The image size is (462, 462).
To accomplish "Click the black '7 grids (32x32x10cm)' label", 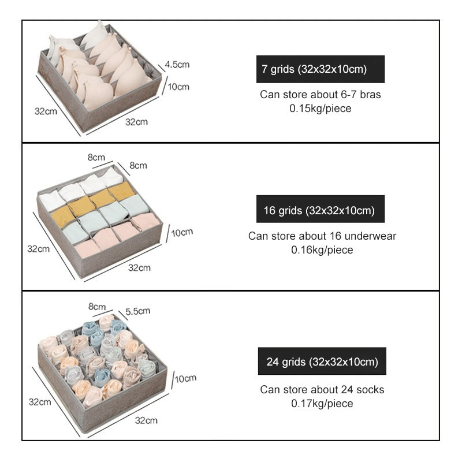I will click(321, 69).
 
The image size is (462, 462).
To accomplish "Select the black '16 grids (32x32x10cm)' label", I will click(321, 211).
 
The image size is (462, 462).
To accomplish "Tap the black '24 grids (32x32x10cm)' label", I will click(322, 363).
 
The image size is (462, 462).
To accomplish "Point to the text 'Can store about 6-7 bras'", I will click(321, 95).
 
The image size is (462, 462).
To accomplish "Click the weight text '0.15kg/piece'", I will click(321, 108).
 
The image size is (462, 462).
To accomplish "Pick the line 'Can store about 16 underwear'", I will click(322, 236).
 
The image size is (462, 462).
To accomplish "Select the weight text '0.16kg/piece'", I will click(322, 250).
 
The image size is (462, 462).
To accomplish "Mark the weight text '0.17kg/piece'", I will click(322, 404).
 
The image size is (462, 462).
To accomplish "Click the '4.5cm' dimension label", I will click(177, 64).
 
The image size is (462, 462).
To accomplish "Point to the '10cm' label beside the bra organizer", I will click(178, 87).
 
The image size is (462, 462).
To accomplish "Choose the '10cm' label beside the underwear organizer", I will click(182, 232).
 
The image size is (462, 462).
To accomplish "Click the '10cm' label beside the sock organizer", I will click(185, 379).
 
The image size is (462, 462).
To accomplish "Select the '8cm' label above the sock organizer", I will click(96, 306).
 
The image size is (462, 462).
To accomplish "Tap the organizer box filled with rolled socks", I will click(101, 370).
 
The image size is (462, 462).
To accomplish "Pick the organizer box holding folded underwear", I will click(98, 222).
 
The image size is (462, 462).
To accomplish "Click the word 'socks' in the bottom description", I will click(371, 390).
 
